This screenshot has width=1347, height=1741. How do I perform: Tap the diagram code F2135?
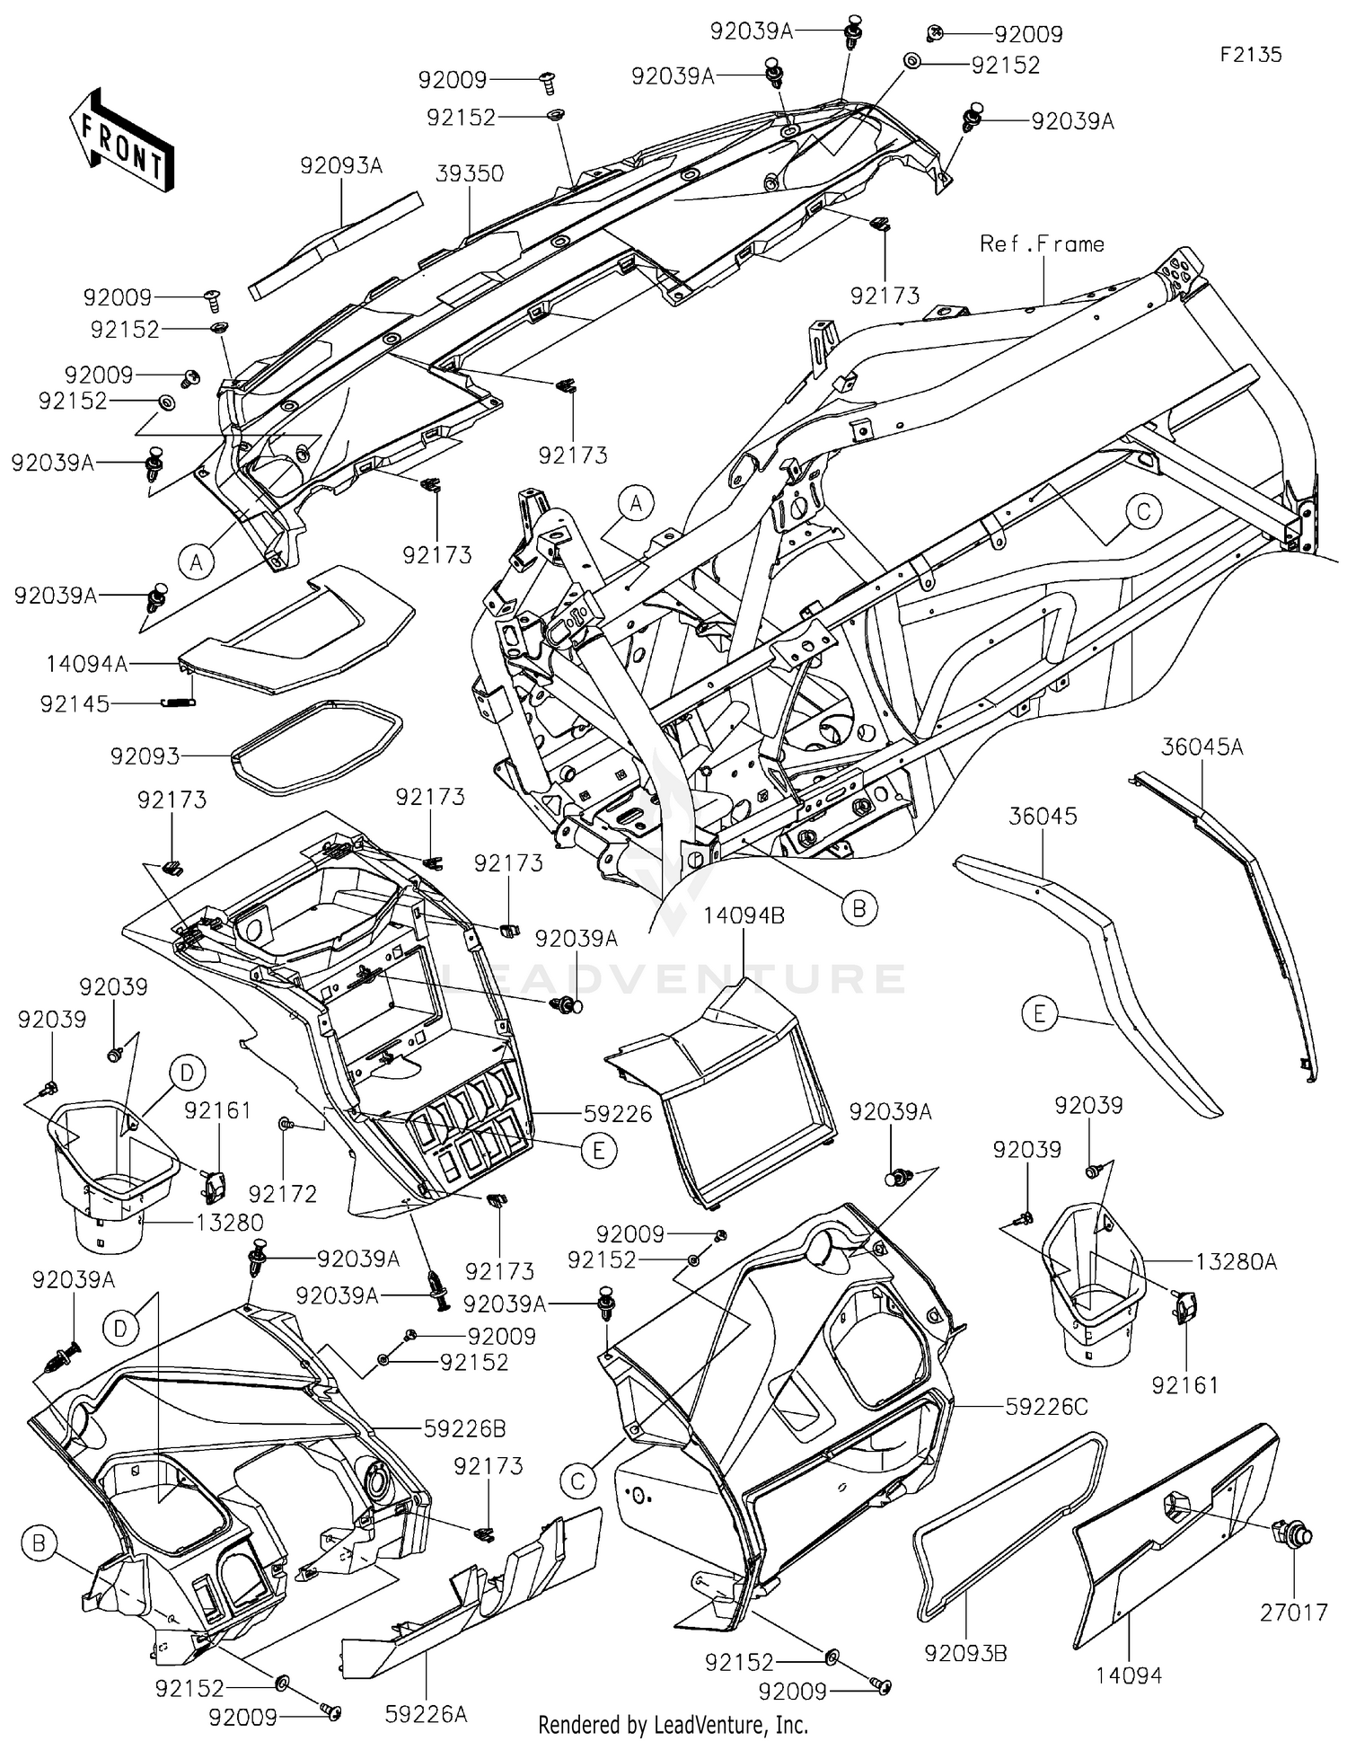point(1250,55)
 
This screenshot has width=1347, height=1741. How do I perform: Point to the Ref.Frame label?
point(1042,243)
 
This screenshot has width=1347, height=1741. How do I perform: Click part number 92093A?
point(341,165)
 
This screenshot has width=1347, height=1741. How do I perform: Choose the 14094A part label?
point(87,664)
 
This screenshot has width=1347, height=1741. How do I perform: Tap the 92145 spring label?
point(75,704)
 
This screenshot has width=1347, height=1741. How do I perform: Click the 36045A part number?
point(1202,747)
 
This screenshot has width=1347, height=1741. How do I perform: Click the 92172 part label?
point(283,1194)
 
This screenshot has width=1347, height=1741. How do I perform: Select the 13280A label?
point(1237,1261)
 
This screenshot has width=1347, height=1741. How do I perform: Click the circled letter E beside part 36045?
point(1040,1014)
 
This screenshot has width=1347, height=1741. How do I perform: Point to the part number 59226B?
point(464,1428)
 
